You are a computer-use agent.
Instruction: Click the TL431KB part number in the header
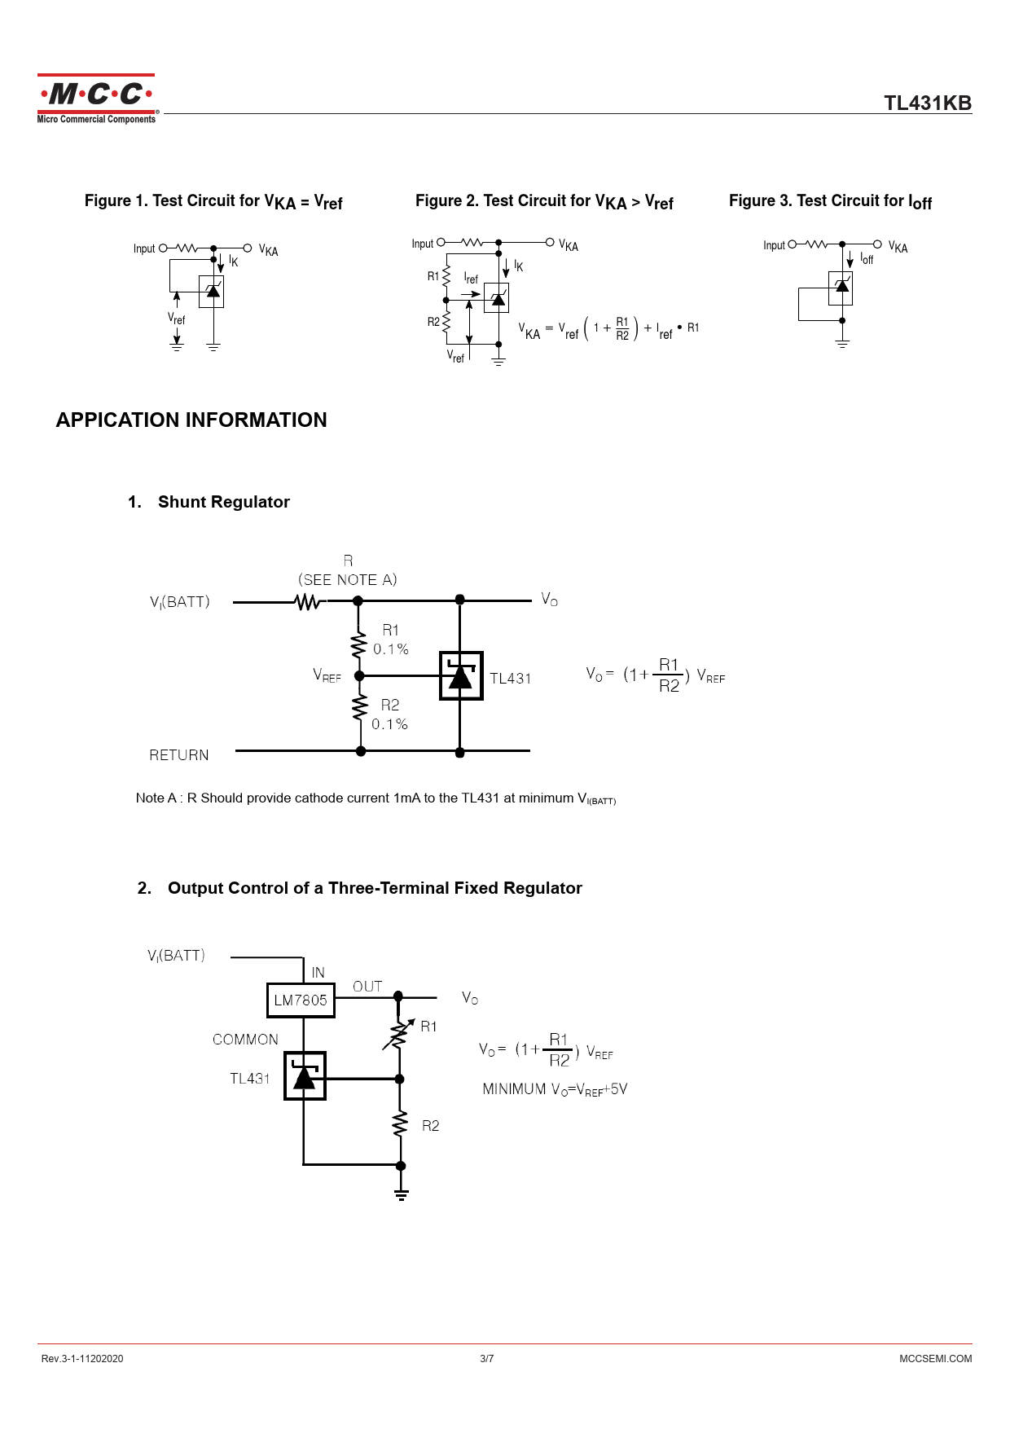click(x=928, y=103)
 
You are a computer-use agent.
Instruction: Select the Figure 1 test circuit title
click(x=213, y=201)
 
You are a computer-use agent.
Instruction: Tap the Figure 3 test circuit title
click(x=830, y=201)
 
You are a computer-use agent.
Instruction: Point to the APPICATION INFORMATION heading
click(x=191, y=420)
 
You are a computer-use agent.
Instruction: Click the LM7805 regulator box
click(x=301, y=1000)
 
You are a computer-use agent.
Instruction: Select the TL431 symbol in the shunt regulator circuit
click(x=461, y=675)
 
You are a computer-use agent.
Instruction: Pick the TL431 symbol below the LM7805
click(x=305, y=1076)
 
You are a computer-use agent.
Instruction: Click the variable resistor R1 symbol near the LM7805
click(x=399, y=1034)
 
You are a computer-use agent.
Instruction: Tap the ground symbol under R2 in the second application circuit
click(x=401, y=1194)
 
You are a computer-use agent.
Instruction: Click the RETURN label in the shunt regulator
click(x=179, y=755)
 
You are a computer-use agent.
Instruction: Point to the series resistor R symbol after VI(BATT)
click(x=307, y=602)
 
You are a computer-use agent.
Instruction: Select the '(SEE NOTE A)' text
click(x=348, y=580)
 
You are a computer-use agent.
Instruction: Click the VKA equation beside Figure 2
click(x=608, y=329)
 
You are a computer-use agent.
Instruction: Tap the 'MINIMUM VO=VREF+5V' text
click(x=555, y=1089)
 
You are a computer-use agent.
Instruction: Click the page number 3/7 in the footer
click(x=487, y=1358)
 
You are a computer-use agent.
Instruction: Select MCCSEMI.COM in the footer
click(x=935, y=1358)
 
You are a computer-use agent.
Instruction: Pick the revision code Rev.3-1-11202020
click(x=82, y=1358)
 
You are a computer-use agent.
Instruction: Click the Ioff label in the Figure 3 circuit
click(x=867, y=259)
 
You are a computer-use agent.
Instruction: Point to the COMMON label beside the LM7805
click(x=245, y=1040)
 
